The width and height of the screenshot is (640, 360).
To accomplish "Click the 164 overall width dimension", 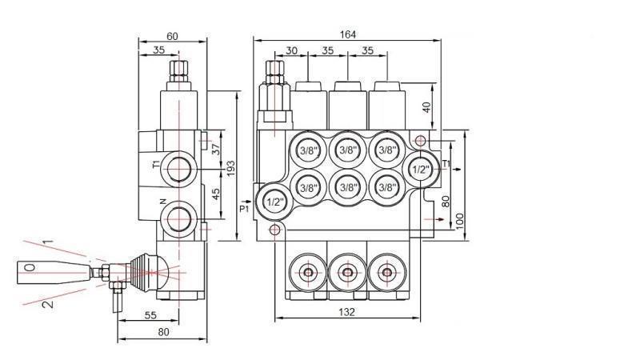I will point(347,34).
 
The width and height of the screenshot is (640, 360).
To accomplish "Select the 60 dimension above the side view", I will point(172,36).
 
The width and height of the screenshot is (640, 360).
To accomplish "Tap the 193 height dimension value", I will point(230,168).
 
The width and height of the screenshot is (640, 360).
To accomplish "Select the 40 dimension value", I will point(426,107).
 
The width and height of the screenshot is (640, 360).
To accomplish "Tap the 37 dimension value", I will point(215,149).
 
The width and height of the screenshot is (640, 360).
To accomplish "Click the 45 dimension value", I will point(215,195).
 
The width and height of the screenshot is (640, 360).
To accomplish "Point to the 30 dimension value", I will point(291,50).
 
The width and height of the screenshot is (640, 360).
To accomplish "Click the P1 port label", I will point(245,210).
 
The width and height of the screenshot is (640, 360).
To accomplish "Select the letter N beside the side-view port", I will point(162,201).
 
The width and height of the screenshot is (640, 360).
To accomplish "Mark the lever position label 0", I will point(30,268).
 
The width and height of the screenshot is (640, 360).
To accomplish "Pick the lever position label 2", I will point(47,303).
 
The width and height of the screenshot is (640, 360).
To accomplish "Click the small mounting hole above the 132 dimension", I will point(275,230).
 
